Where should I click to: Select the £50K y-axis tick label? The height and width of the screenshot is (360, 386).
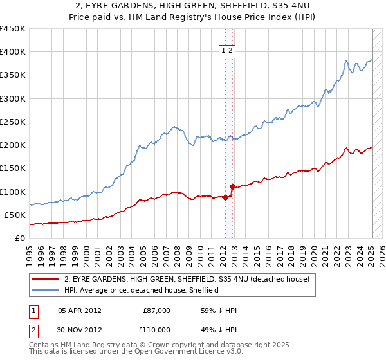coord(15,215)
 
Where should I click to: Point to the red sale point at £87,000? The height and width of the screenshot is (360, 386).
coord(225,197)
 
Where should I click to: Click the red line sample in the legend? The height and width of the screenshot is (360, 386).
coord(45,280)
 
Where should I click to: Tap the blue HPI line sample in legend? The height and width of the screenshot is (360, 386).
coord(45,290)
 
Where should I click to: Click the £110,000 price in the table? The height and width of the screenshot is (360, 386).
coord(156,328)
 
